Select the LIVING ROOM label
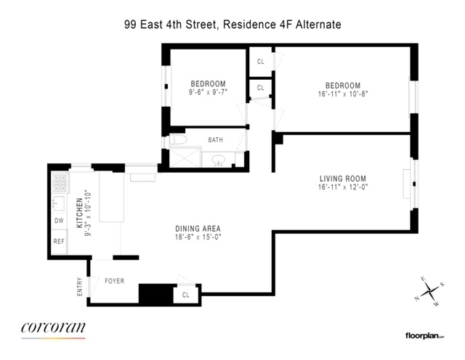pos(342,179)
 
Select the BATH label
pos(216,139)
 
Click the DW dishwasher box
pos(58,221)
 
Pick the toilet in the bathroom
pos(177,142)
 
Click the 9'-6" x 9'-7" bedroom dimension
pos(208,92)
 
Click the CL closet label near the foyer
pos(186,295)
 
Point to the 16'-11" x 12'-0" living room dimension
pos(342,187)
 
